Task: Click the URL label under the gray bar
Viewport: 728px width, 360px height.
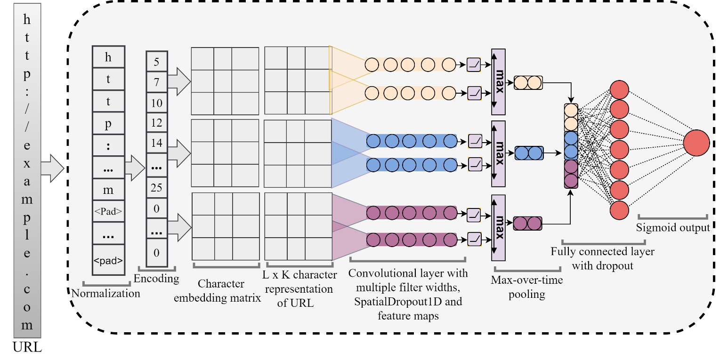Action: tap(28, 348)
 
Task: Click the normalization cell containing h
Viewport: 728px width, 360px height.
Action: tap(108, 57)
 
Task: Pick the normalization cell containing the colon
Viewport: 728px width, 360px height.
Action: tap(108, 145)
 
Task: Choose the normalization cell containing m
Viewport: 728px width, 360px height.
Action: tap(108, 190)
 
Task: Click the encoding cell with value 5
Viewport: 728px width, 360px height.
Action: tap(157, 62)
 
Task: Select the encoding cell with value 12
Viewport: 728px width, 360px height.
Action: tap(157, 123)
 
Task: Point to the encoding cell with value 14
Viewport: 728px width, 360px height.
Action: tap(157, 143)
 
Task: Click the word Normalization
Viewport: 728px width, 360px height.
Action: tap(105, 294)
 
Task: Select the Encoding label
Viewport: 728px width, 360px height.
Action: tap(156, 279)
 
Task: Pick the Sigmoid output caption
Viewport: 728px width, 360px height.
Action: tap(673, 228)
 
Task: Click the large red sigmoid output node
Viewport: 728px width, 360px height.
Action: tap(696, 143)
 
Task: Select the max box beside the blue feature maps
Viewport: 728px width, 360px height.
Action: tap(498, 154)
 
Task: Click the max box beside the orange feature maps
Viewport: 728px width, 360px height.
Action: tap(498, 81)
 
